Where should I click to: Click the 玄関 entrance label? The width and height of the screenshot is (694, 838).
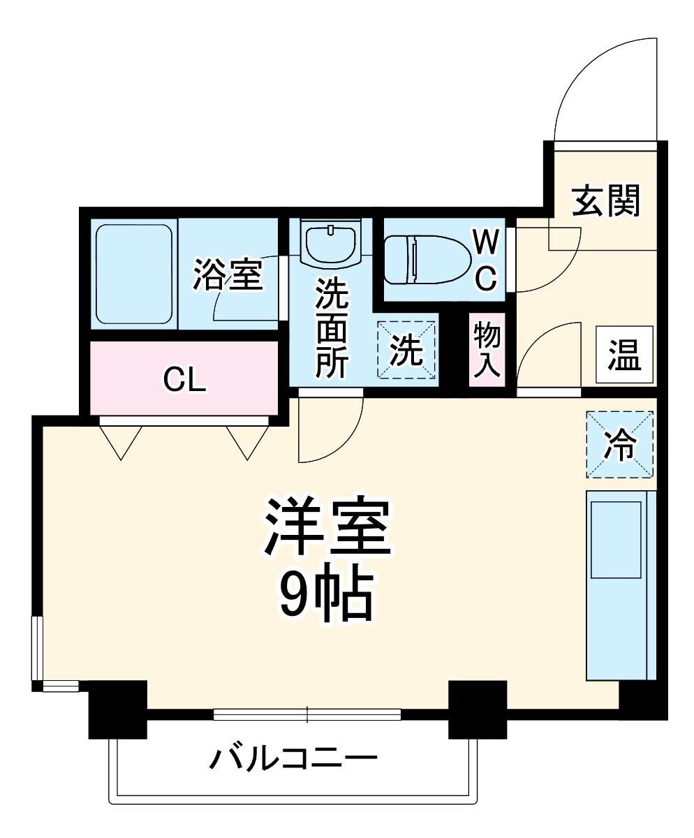[605, 202]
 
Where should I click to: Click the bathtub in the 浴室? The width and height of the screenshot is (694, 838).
[133, 274]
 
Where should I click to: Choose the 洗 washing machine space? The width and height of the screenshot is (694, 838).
[406, 351]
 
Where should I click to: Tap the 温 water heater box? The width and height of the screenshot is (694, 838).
[624, 354]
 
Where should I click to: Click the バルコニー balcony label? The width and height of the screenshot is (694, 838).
[293, 758]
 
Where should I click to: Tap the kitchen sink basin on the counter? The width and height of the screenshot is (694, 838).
[616, 539]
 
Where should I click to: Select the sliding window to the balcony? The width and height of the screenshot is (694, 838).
[307, 714]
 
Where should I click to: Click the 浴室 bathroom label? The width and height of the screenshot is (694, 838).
[228, 274]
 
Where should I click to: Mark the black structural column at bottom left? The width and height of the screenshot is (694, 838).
[117, 709]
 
